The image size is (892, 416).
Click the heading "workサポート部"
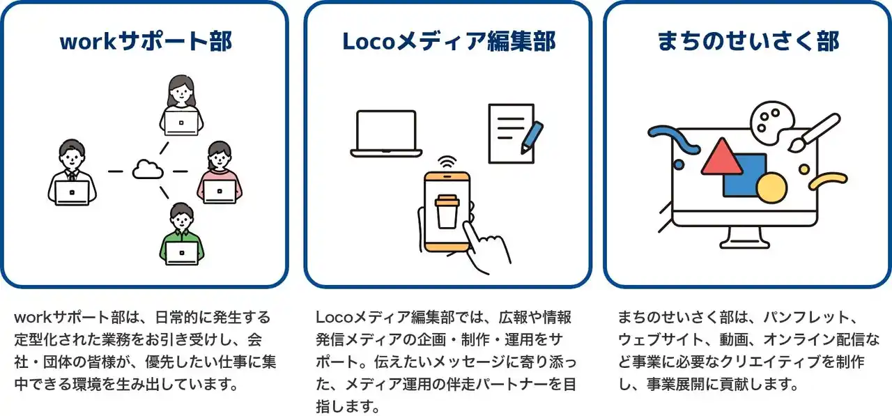coord(146,41)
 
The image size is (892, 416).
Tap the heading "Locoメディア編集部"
coord(449,41)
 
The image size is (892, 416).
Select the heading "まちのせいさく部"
coord(748,41)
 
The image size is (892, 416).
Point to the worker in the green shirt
coord(182,234)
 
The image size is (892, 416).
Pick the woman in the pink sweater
coord(220,173)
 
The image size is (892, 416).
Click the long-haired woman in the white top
coord(181,105)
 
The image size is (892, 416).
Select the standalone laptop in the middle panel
coord(386,134)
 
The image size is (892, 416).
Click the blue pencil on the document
coord(532,137)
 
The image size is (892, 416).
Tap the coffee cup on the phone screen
coord(447,212)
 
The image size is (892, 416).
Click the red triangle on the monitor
coord(721,157)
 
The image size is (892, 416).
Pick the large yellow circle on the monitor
coord(771,188)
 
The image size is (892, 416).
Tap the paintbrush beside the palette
coord(814,132)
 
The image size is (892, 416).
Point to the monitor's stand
coord(744,238)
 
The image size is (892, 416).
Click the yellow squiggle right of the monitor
coord(829,181)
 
